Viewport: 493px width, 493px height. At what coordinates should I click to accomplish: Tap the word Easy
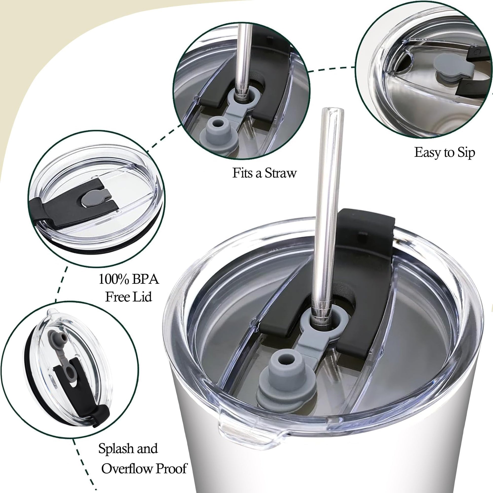point(428,153)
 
